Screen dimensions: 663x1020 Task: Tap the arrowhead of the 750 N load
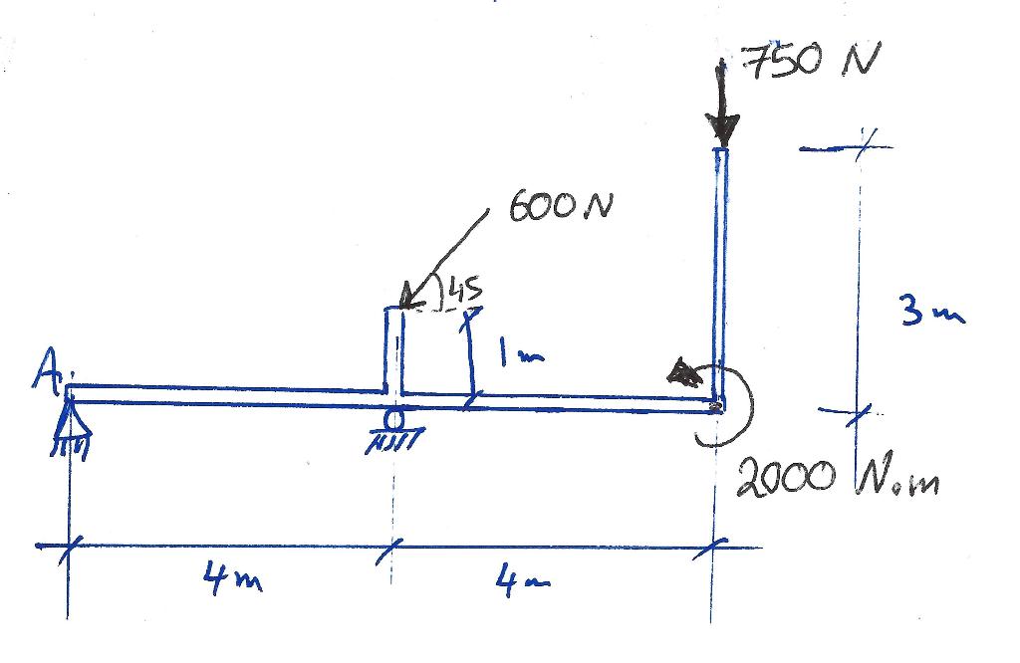coord(723,128)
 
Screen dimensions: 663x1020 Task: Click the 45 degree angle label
coord(464,291)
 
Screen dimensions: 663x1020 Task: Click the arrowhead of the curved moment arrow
coord(684,373)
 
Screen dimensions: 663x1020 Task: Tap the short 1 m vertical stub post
coord(394,348)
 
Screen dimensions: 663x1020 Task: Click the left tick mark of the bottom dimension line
coord(69,546)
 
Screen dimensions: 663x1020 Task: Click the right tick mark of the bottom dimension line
coord(714,546)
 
